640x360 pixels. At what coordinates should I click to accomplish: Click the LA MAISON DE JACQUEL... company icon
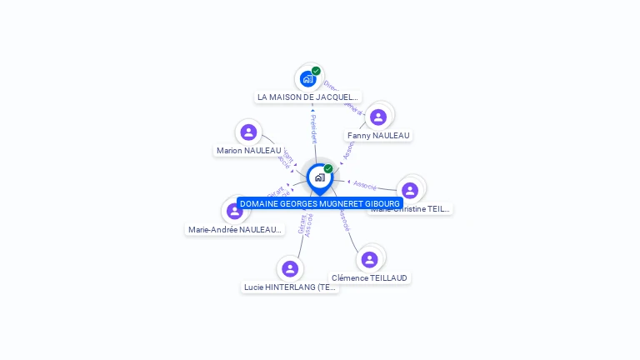(307, 79)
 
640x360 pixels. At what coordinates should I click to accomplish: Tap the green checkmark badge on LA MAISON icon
(316, 71)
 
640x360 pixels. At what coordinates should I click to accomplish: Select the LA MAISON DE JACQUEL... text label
(308, 97)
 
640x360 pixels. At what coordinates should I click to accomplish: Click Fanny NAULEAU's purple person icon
(378, 117)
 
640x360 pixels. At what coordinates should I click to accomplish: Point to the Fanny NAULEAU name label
(378, 135)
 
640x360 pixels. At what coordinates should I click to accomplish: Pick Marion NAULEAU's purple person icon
(248, 132)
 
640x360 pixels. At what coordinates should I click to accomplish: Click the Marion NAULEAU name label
(248, 151)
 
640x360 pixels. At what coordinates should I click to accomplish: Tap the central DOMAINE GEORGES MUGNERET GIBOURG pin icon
(319, 177)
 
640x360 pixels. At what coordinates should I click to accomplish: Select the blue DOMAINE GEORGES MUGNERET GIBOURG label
(320, 203)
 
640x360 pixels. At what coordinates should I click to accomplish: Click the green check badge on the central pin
(328, 168)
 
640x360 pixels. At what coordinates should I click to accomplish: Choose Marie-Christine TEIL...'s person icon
(409, 190)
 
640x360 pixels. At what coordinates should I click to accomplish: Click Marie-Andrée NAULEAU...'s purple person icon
(234, 212)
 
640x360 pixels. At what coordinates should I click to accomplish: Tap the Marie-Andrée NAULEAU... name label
(235, 230)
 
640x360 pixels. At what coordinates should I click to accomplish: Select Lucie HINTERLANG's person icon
(290, 268)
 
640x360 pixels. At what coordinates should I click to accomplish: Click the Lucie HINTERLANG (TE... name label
(290, 287)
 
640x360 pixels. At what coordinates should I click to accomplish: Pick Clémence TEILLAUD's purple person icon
(370, 259)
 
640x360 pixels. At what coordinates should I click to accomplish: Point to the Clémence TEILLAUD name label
(371, 277)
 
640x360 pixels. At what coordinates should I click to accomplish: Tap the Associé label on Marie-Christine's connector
(365, 184)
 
